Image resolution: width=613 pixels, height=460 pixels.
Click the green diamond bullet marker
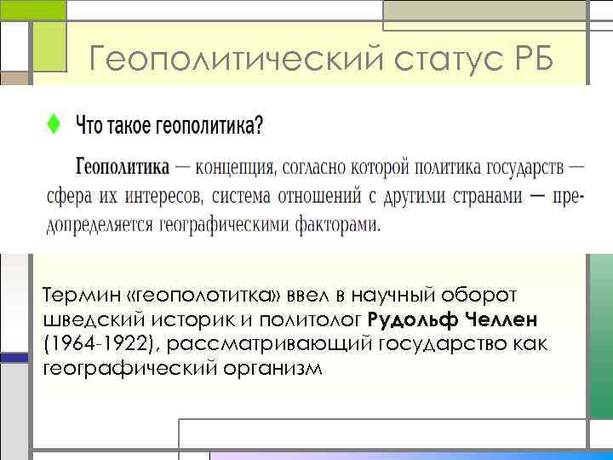point(52,124)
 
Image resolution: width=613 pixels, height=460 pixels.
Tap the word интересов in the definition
point(163,196)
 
